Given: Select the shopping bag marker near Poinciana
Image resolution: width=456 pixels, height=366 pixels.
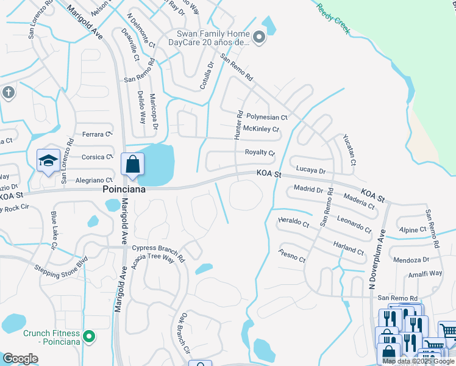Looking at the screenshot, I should pyautogui.click(x=132, y=165).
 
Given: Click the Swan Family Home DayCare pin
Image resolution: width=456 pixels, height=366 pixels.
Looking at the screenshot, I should pyautogui.click(x=259, y=38).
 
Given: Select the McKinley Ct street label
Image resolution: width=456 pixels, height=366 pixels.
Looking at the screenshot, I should pyautogui.click(x=261, y=129).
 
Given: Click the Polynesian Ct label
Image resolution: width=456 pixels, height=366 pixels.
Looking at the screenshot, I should pyautogui.click(x=266, y=117).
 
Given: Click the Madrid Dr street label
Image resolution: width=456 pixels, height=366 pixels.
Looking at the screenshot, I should pyautogui.click(x=308, y=189).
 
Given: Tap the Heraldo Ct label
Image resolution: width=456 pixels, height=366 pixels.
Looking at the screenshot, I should pyautogui.click(x=293, y=221).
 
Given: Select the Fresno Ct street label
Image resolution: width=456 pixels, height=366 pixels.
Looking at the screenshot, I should pyautogui.click(x=292, y=256).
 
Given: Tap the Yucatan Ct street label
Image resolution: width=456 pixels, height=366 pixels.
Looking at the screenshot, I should pyautogui.click(x=349, y=149).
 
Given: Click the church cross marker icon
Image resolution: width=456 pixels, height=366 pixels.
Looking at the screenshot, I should pyautogui.click(x=8, y=93).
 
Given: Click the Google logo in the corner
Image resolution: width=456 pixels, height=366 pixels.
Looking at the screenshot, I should pyautogui.click(x=21, y=359).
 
